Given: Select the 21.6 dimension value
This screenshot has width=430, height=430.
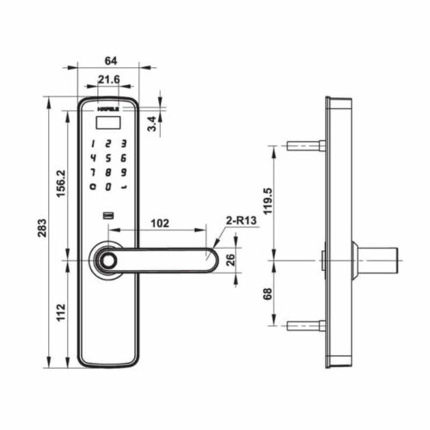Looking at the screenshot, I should [108, 80].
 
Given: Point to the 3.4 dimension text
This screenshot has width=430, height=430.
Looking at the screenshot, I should [152, 124].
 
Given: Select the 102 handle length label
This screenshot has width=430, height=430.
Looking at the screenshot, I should [159, 223].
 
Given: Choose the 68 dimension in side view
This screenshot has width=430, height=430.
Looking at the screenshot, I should [267, 292].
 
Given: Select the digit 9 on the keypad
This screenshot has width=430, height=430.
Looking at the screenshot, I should [125, 172].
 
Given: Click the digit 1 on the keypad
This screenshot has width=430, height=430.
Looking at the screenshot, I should [93, 144].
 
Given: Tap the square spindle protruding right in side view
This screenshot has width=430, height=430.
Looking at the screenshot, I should [378, 257].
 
